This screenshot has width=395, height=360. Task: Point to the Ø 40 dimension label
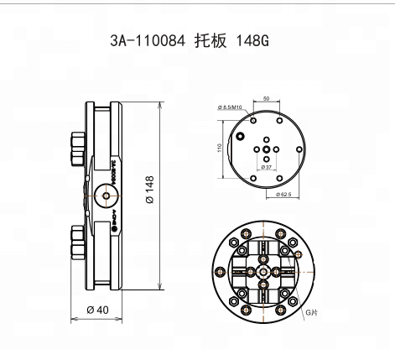98,310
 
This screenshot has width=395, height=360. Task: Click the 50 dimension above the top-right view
267,99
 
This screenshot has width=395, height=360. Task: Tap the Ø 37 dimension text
267,168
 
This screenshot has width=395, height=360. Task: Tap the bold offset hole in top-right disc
242,135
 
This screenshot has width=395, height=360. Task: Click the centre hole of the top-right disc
266,149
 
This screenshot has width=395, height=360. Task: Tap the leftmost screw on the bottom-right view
220,271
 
